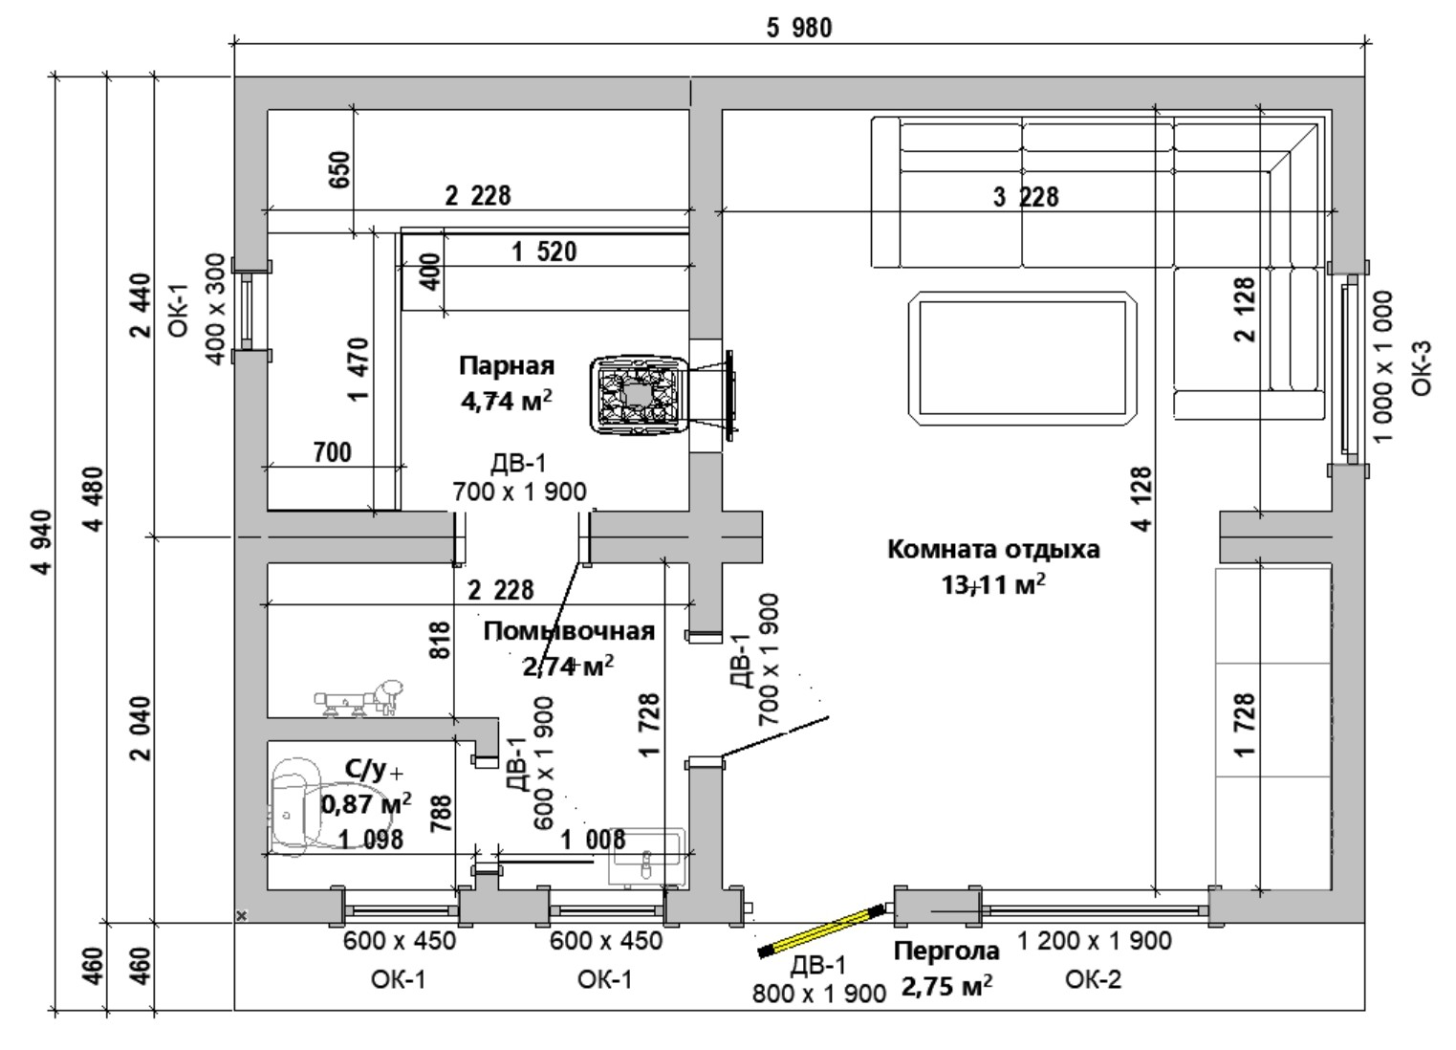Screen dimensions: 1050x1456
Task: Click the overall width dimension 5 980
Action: pos(798,29)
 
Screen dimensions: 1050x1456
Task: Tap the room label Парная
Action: pos(507,366)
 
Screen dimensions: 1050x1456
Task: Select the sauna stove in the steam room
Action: pos(638,395)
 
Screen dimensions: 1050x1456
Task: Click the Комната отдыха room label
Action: pos(993,550)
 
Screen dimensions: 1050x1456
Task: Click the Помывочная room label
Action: pos(569,631)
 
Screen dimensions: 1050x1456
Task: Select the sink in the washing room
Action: pos(647,858)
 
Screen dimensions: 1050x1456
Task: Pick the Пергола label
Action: pos(946,952)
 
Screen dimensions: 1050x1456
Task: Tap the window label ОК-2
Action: pos(1093,980)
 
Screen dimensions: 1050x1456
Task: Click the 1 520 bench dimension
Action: pos(544,252)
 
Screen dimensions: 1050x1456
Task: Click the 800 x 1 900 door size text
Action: pos(819,994)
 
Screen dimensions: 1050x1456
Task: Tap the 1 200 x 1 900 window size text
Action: pos(1094,941)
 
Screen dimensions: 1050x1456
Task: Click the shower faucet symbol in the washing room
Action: pos(359,698)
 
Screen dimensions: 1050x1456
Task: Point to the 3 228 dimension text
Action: pos(1026,197)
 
